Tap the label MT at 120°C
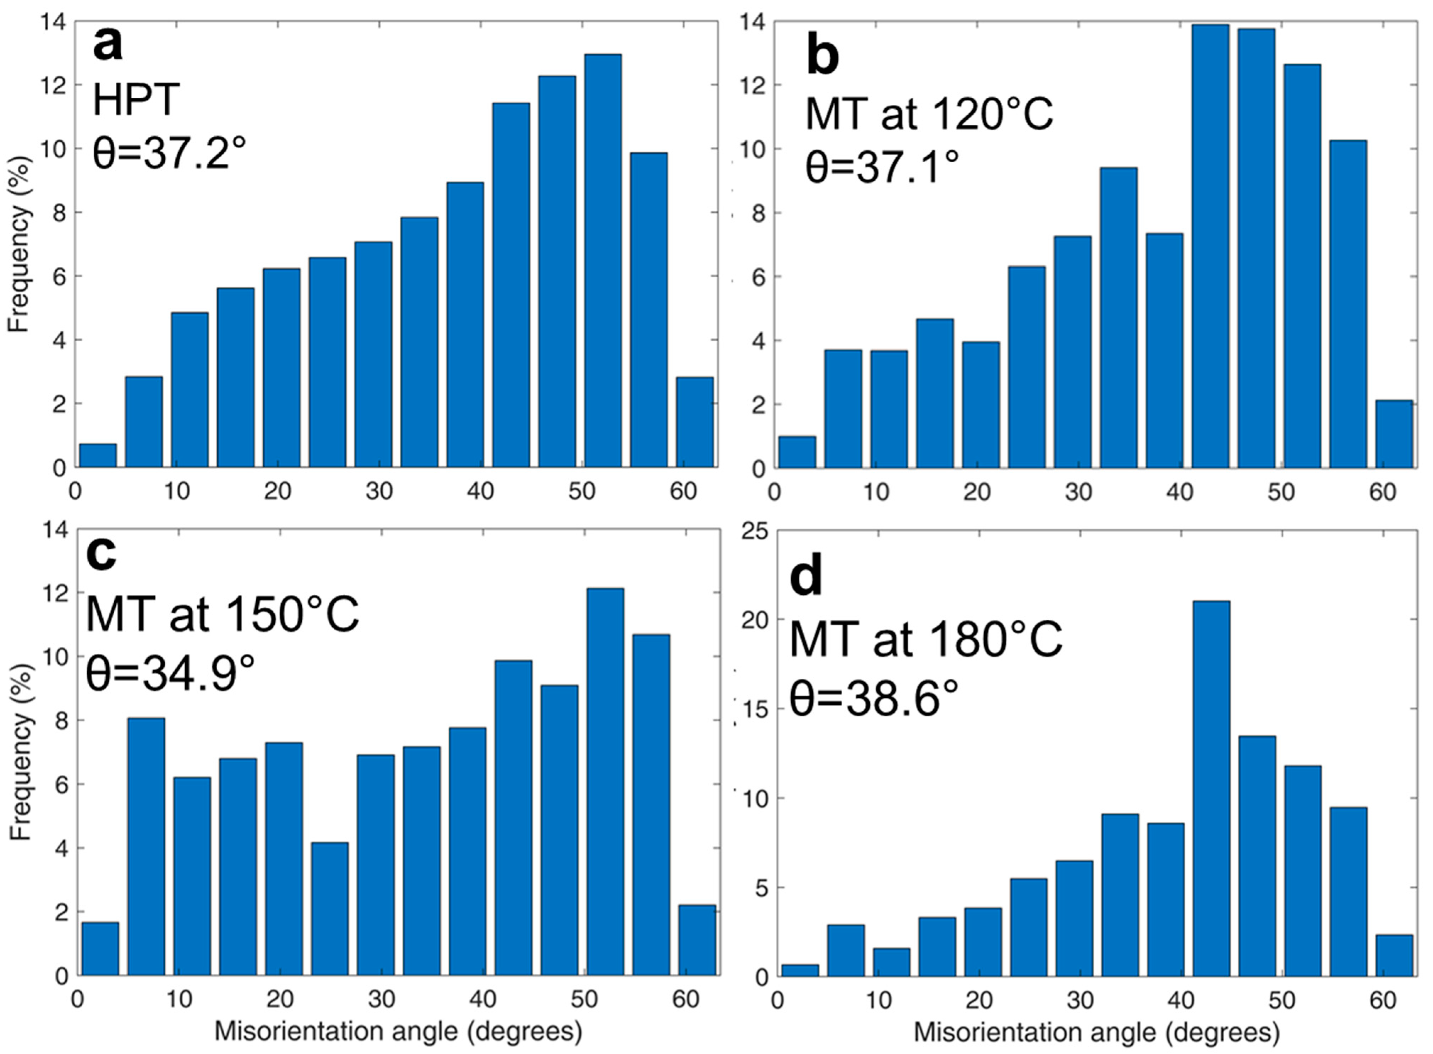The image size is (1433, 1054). (929, 115)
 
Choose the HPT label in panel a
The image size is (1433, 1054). (136, 101)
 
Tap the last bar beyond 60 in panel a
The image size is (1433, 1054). (695, 422)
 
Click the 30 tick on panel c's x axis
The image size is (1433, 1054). (381, 999)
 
